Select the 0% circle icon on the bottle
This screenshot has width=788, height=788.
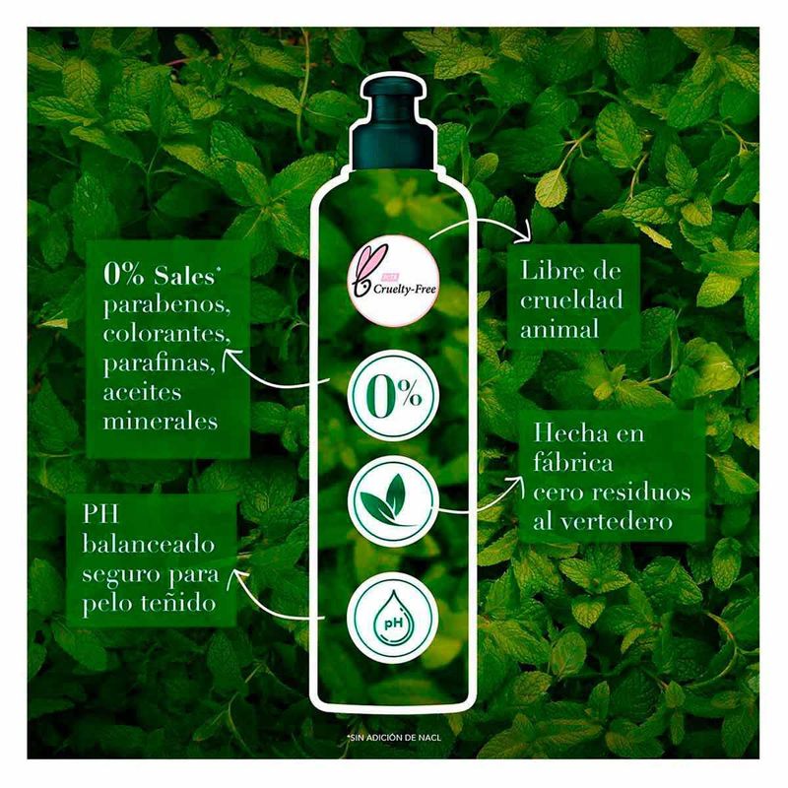pyautogui.click(x=393, y=395)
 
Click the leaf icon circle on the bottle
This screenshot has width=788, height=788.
pyautogui.click(x=393, y=500)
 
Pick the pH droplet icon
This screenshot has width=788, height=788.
pyautogui.click(x=393, y=620)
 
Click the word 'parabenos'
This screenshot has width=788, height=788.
pyautogui.click(x=166, y=306)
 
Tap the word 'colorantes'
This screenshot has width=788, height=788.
pyautogui.click(x=165, y=334)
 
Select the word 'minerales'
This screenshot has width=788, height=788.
pyautogui.click(x=161, y=422)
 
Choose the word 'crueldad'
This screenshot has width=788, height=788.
pyautogui.click(x=571, y=300)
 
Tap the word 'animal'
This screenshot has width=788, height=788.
pyautogui.click(x=559, y=330)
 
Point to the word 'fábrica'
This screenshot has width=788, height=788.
pyautogui.click(x=573, y=462)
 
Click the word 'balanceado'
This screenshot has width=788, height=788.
pyautogui.click(x=149, y=544)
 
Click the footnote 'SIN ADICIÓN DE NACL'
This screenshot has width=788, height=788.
pyautogui.click(x=393, y=738)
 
